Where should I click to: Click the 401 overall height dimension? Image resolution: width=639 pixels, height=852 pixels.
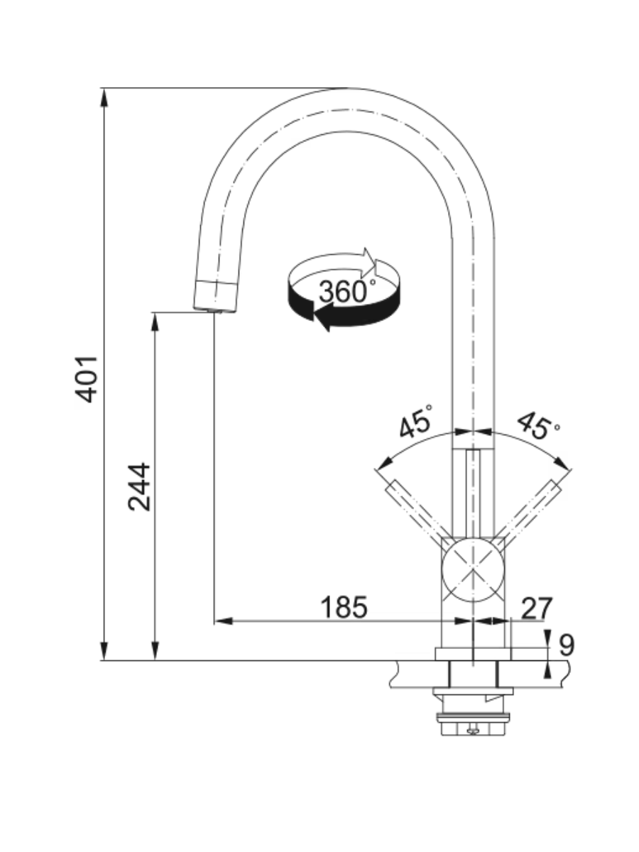point(87,379)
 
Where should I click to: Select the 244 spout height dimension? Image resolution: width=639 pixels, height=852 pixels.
point(139,486)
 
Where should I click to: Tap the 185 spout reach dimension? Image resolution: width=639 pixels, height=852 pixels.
point(344,607)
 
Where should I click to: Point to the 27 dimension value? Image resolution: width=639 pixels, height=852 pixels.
point(536,608)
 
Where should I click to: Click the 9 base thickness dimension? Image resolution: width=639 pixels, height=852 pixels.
point(565,645)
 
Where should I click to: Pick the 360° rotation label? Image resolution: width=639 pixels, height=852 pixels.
point(347,291)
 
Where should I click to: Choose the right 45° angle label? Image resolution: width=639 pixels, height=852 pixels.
point(537,424)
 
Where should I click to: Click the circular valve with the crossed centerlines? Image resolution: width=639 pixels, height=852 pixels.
point(473,570)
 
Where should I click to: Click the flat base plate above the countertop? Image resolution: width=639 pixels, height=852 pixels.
point(473,654)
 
